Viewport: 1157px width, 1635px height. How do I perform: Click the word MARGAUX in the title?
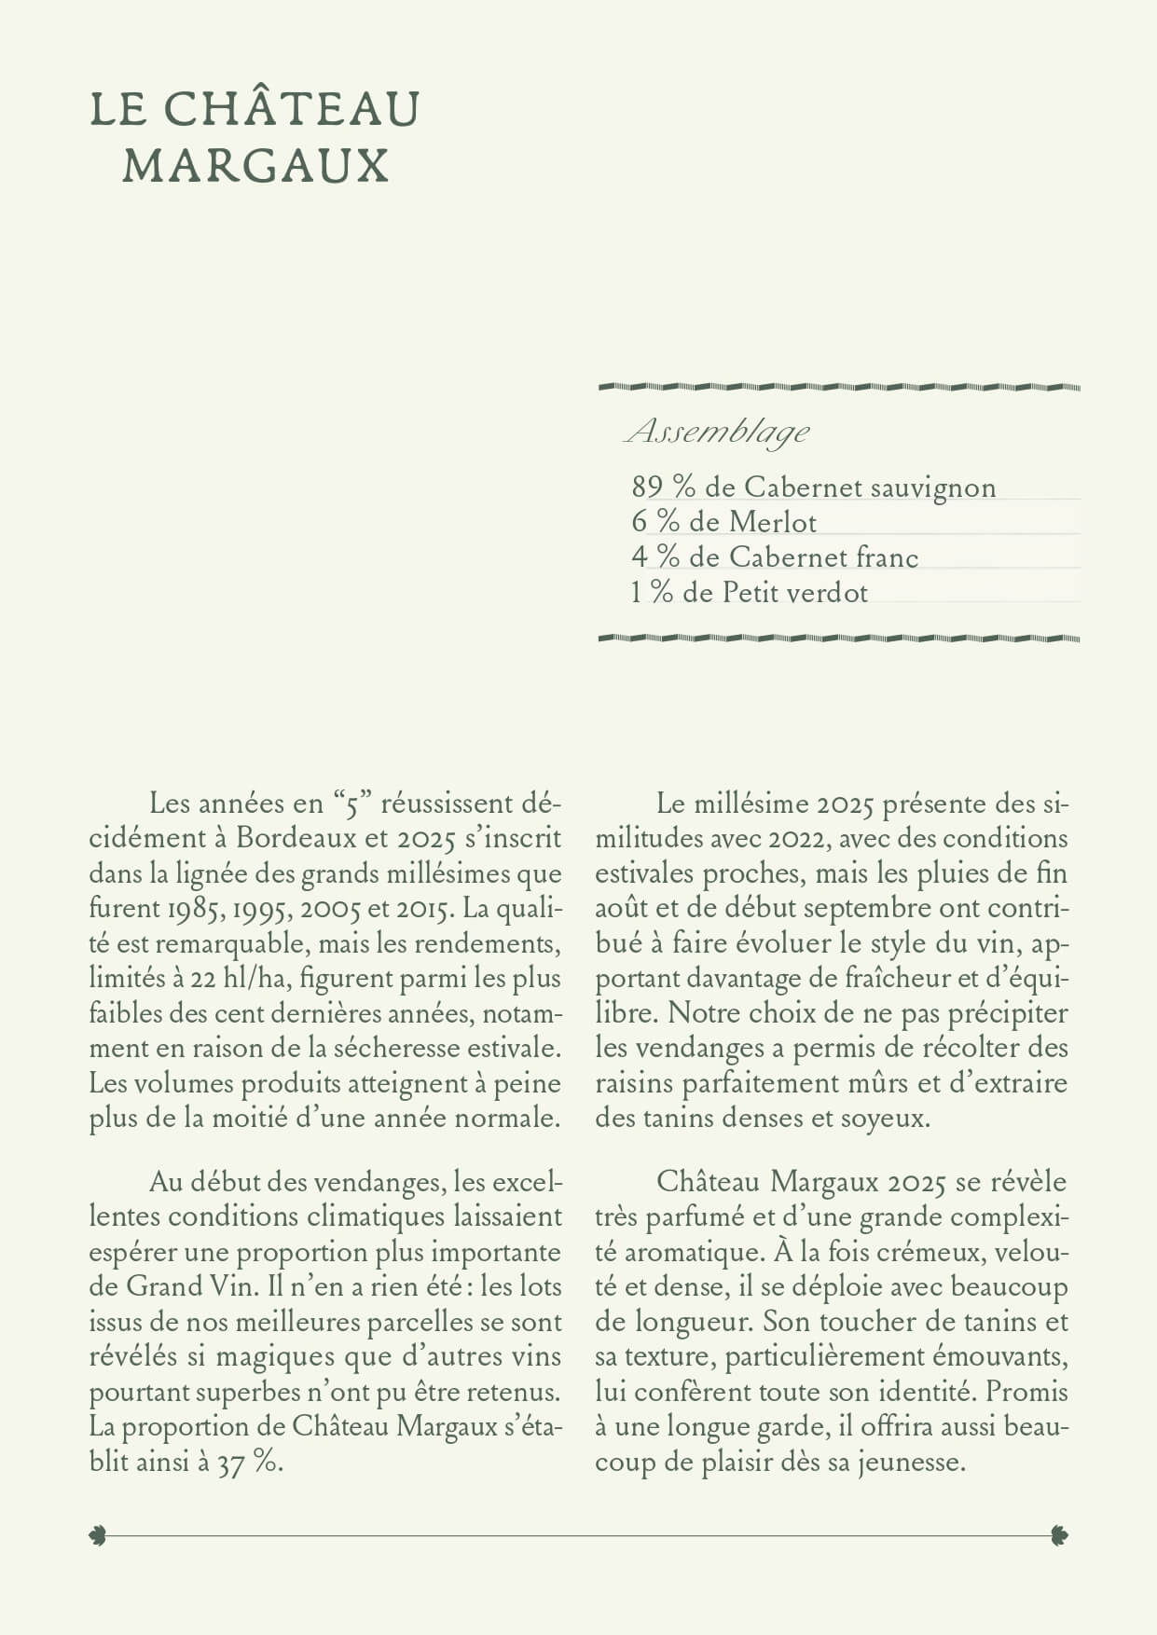pos(255,166)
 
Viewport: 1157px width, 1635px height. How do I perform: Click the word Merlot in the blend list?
pos(772,522)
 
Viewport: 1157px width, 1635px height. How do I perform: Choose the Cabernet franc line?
pos(775,557)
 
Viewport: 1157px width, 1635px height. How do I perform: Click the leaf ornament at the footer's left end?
pos(98,1535)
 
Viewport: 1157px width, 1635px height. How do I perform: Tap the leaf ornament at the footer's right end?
pos(1058,1535)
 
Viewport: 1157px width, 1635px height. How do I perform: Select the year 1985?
pos(194,908)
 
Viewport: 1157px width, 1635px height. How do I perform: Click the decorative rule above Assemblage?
pos(838,386)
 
